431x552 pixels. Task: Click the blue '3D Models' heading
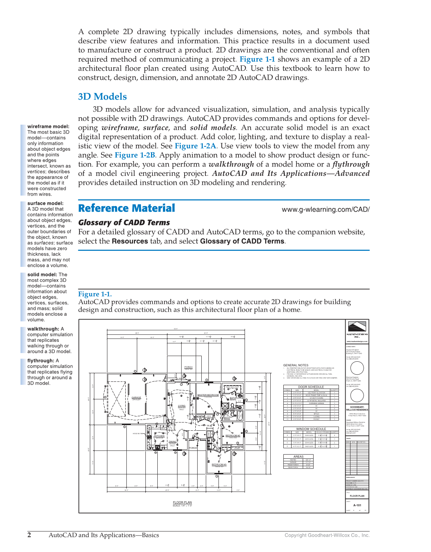[103, 97]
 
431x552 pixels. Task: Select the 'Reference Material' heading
[126, 208]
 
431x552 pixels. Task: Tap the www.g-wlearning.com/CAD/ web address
[325, 209]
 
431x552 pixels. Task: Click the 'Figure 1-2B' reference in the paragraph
[135, 155]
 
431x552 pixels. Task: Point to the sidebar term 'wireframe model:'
[48, 127]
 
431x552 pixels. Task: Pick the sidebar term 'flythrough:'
[41, 361]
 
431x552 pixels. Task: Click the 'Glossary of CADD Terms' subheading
[124, 222]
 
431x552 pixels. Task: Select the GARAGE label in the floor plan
[136, 397]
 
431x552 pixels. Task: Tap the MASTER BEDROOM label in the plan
[208, 395]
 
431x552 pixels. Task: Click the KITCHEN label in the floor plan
[160, 436]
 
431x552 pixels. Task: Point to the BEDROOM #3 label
[219, 465]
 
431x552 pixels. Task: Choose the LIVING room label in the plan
[182, 406]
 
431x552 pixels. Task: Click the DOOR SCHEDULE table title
[311, 387]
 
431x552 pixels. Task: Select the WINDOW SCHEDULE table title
[311, 429]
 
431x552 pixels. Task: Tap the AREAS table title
[298, 456]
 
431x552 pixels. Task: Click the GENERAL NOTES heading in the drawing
[296, 365]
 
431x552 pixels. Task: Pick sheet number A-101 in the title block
[357, 505]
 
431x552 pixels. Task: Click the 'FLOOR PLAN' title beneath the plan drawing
[182, 502]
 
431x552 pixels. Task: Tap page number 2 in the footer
[29, 535]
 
